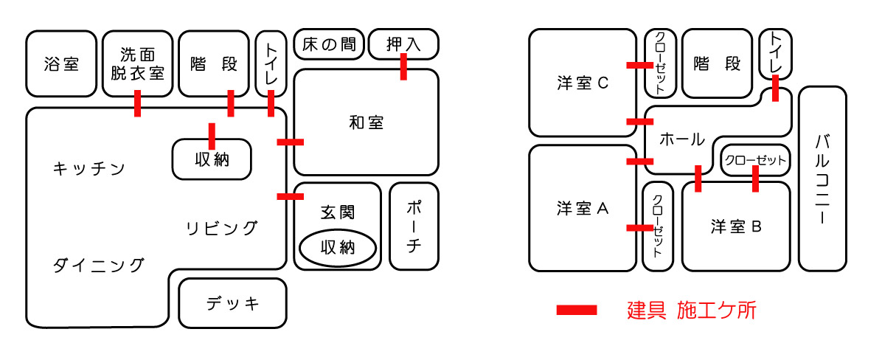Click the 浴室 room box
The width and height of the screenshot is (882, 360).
tap(61, 64)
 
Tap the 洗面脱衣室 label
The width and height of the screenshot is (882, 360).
tap(137, 63)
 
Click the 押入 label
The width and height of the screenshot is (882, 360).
tap(403, 44)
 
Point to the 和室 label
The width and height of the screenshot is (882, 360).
tap(366, 122)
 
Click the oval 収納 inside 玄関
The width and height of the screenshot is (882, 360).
tap(338, 248)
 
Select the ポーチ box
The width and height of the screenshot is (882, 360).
tap(413, 226)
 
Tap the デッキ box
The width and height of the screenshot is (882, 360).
tap(232, 303)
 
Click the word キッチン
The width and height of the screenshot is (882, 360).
tap(88, 169)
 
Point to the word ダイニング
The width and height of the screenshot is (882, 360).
tap(98, 265)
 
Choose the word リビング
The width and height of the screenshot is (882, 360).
tap(221, 228)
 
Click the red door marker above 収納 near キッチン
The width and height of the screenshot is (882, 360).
tap(212, 136)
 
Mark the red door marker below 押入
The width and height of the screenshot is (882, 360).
tap(403, 66)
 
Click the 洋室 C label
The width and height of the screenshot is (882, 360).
tap(582, 83)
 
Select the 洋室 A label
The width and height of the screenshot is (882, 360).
tap(582, 209)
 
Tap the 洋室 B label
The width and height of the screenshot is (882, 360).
tap(735, 226)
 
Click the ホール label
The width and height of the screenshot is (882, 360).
tap(681, 139)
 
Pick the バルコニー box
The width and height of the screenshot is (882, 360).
tap(822, 179)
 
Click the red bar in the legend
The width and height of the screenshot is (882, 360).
tap(577, 311)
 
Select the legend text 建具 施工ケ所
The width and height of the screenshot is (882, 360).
tap(691, 311)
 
